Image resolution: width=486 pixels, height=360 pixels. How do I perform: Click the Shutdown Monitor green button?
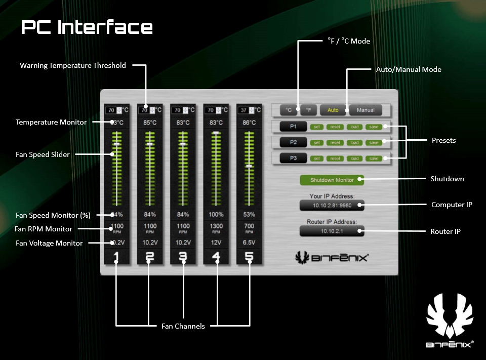332,180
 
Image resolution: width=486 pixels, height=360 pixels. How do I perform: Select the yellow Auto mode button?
333,110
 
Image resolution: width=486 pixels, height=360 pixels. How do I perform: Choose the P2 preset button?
293,142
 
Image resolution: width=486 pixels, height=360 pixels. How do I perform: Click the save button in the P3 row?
374,158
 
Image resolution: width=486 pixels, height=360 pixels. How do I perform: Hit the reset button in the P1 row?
335,127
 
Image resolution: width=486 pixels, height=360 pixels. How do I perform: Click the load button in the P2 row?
354,142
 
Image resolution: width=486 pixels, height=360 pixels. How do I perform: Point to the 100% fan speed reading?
216,215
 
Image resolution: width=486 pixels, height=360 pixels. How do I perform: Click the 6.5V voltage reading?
249,243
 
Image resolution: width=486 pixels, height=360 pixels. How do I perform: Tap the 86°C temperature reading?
249,123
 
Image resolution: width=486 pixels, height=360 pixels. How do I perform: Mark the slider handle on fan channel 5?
249,166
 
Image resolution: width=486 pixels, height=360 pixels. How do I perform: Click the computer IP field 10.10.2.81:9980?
332,205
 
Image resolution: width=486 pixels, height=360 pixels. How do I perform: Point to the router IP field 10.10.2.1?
332,231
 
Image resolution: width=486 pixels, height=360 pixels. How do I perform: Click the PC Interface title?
87,27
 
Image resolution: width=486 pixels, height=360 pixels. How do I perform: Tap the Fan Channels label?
183,326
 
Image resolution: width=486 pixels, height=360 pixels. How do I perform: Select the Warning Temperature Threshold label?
73,65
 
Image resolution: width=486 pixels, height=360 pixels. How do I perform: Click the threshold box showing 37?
244,110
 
